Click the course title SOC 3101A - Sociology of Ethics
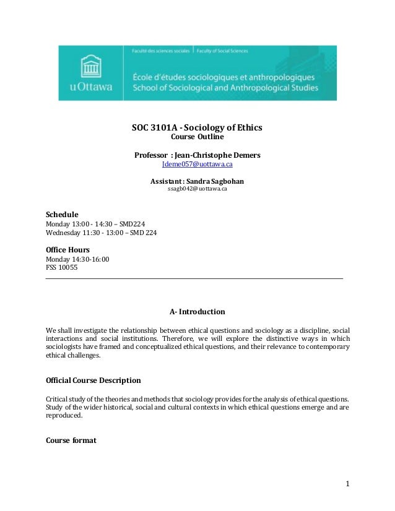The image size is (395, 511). coord(197,128)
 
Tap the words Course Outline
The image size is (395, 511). coord(197,137)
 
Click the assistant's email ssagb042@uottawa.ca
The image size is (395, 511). coord(197,189)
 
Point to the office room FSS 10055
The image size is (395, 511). coord(63,268)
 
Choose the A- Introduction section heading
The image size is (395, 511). coord(197,311)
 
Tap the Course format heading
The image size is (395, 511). coord(71,440)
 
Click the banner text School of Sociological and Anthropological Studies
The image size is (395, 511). coord(225,88)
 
